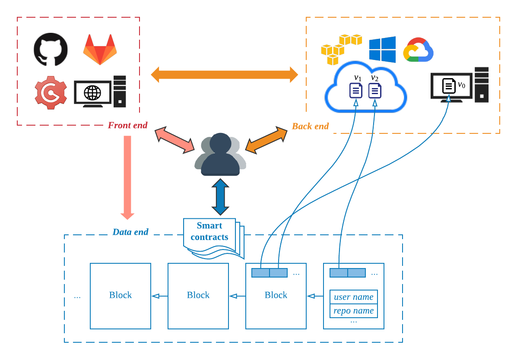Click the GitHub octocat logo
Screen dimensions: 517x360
coord(51,50)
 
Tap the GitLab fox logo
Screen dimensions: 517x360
coord(100,50)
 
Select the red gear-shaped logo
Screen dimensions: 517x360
coord(51,93)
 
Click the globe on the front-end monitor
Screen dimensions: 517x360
coord(92,93)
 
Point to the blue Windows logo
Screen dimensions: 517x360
coord(383,50)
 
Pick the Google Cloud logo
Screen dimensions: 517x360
coord(418,50)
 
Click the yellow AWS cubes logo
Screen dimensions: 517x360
coord(341,49)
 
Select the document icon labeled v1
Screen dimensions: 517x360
coord(356,91)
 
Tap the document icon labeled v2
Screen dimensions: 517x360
coord(375,91)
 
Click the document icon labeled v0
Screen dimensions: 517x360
coord(449,86)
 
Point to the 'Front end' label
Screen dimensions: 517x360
coord(127,125)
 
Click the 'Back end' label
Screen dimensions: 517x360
coord(310,126)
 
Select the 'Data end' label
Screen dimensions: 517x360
coord(130,232)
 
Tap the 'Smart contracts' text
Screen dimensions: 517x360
coord(209,231)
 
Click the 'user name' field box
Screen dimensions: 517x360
coord(354,297)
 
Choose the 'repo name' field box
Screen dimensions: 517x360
coord(354,310)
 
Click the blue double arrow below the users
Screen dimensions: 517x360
coord(220,197)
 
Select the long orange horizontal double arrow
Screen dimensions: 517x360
coord(225,75)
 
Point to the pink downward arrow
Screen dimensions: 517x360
coord(127,178)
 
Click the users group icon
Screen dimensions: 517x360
coord(220,154)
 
